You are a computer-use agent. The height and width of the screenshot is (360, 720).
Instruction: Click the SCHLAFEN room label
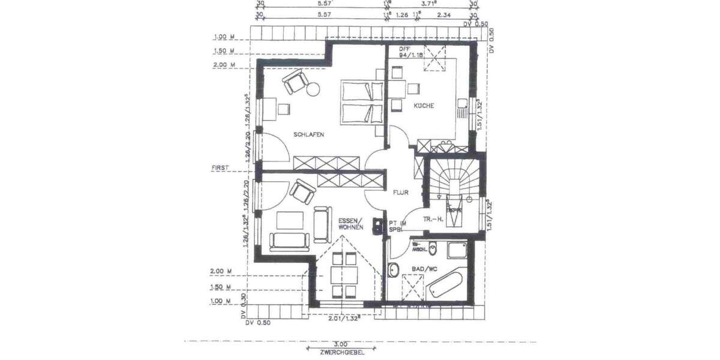[x=308, y=135]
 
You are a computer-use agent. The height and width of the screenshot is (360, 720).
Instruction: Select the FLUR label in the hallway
[x=401, y=193]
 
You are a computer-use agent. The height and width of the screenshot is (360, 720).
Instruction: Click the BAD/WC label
[x=424, y=270]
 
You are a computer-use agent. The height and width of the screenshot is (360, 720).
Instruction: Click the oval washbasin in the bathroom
[x=394, y=271]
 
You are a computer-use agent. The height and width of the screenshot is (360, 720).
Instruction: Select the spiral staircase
[x=454, y=180]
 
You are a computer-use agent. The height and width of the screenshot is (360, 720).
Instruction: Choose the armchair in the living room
[x=302, y=193]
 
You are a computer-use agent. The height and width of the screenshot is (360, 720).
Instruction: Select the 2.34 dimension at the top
[x=444, y=14]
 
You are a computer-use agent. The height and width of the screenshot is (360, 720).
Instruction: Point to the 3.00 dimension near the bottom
[x=340, y=344]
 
